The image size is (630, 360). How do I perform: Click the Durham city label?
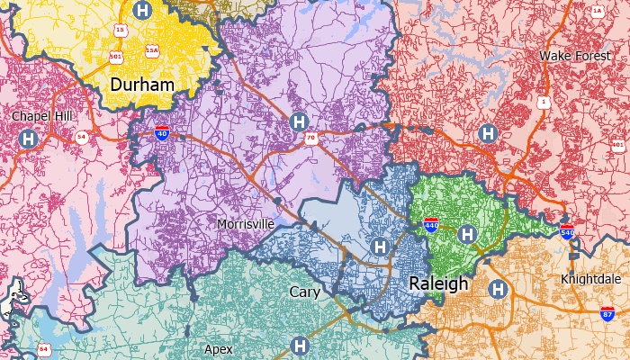click(141, 85)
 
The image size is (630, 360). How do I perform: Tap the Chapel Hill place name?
click(41, 116)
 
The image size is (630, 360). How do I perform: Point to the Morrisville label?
click(246, 223)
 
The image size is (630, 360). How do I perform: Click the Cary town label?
click(304, 292)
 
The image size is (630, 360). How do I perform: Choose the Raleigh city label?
click(438, 283)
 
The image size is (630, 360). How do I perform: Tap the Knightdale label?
click(589, 278)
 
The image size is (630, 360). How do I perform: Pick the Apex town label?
click(219, 348)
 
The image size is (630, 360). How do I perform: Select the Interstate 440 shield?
click(432, 224)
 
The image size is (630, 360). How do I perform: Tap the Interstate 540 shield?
click(567, 231)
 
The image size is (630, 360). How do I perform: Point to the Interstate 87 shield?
click(608, 314)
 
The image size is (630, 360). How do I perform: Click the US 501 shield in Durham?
click(116, 55)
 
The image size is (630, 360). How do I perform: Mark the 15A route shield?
click(151, 50)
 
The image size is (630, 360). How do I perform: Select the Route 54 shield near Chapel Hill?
click(82, 137)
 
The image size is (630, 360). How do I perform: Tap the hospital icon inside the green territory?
click(466, 234)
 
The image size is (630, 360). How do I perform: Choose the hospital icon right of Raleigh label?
click(497, 289)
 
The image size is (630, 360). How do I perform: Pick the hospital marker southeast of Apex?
click(300, 345)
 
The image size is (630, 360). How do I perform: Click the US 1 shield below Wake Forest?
click(543, 103)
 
